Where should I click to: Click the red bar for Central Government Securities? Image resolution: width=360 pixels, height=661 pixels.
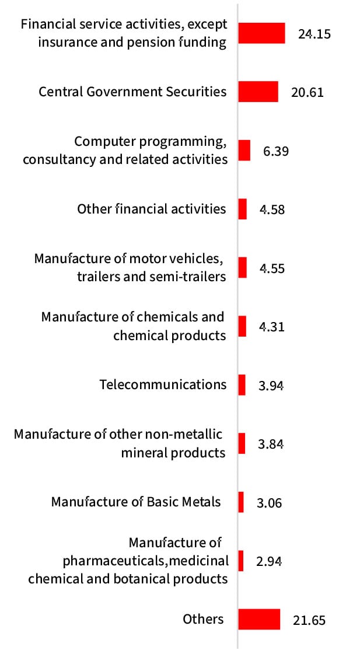pyautogui.click(x=258, y=92)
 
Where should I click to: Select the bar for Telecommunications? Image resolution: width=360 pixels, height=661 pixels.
pyautogui.click(x=242, y=384)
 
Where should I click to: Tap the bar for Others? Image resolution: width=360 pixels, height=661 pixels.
pyautogui.click(x=259, y=619)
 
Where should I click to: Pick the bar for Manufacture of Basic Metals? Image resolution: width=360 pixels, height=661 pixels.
pyautogui.click(x=241, y=502)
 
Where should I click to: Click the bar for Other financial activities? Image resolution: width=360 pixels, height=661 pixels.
pyautogui.click(x=242, y=209)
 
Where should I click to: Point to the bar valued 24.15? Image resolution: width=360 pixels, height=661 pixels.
pyautogui.click(x=261, y=33)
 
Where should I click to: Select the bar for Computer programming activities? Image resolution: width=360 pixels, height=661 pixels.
pyautogui.click(x=244, y=151)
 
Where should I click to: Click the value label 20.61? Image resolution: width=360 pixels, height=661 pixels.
pyautogui.click(x=307, y=92)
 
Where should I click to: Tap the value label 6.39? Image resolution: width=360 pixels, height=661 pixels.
pyautogui.click(x=276, y=151)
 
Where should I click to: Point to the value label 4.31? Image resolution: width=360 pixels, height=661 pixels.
pyautogui.click(x=271, y=327)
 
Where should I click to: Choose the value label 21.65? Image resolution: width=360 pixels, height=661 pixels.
pyautogui.click(x=309, y=620)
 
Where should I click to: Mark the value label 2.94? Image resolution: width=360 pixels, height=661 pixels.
pyautogui.click(x=269, y=561)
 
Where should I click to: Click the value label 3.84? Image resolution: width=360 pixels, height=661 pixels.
pyautogui.click(x=271, y=444)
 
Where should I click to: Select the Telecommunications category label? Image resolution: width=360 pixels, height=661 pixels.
pyautogui.click(x=163, y=384)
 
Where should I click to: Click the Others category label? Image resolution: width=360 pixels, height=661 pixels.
pyautogui.click(x=203, y=619)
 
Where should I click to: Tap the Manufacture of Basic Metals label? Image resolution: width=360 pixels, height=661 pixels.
pyautogui.click(x=136, y=502)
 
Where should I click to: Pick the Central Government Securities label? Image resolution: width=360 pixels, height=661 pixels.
pyautogui.click(x=132, y=92)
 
